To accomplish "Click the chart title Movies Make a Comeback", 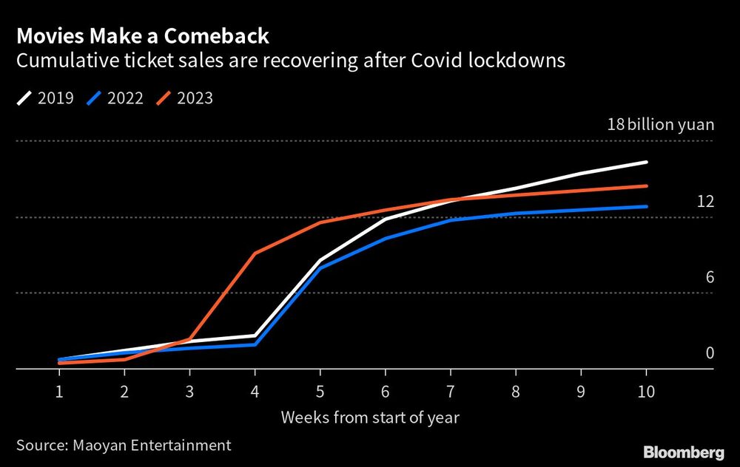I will (143, 35).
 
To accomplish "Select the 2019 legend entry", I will (45, 98).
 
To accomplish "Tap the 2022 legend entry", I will (115, 98).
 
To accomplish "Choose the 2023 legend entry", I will (184, 98).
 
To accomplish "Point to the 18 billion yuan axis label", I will (660, 124).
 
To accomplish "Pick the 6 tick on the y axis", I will (709, 277).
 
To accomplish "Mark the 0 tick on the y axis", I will (709, 353).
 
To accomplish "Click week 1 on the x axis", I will (58, 391).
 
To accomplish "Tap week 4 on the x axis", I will (255, 391).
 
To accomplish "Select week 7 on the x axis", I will (451, 391).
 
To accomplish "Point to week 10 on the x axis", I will (646, 391).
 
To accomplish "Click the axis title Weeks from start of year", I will (370, 417).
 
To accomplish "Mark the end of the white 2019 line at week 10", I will (647, 162).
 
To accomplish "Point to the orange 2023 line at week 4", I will (255, 253).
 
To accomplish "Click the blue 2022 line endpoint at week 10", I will (647, 206).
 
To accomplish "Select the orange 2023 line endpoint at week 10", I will (647, 186).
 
